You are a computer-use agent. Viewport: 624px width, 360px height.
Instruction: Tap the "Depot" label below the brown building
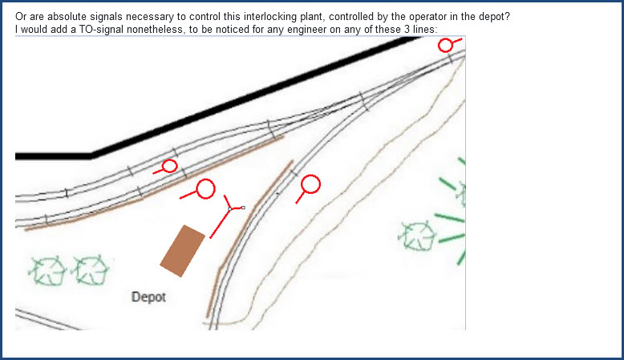(148, 297)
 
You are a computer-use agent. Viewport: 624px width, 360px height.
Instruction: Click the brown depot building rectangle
(183, 251)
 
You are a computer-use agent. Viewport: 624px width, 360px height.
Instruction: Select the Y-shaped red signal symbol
(229, 209)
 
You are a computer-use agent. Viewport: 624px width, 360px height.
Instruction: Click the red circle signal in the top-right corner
(445, 45)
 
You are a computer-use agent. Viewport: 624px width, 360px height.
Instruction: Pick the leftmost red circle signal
(169, 166)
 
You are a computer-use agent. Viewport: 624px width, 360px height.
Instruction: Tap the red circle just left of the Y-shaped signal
(206, 188)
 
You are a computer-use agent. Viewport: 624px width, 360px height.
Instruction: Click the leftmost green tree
(48, 270)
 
